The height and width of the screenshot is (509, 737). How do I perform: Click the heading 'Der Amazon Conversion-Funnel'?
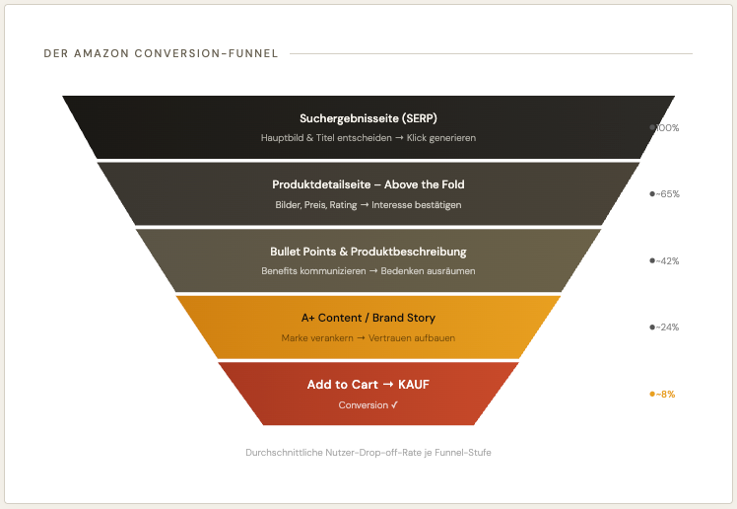click(161, 53)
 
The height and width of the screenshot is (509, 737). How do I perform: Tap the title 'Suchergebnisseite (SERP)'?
click(368, 118)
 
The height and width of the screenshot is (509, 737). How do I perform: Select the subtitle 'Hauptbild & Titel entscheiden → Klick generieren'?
click(368, 138)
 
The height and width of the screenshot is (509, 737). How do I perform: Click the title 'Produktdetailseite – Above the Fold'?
click(368, 184)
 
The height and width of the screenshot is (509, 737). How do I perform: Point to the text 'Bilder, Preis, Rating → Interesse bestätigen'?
click(368, 205)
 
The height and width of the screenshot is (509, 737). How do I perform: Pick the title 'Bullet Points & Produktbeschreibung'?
click(368, 252)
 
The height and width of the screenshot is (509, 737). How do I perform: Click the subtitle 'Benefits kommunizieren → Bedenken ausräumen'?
click(368, 271)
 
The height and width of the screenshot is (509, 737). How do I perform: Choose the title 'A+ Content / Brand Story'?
click(368, 318)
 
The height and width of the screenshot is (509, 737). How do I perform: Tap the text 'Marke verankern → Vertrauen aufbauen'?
click(368, 338)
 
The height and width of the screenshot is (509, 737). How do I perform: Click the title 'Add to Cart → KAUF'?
click(368, 385)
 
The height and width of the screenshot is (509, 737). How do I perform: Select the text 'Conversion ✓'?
click(368, 405)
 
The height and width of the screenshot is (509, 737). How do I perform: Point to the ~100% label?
click(667, 128)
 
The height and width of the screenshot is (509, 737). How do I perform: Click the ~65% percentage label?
click(667, 194)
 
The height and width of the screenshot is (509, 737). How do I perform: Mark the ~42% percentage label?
click(667, 261)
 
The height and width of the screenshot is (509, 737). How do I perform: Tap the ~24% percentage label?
click(667, 327)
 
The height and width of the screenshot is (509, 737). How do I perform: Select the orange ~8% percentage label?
click(665, 395)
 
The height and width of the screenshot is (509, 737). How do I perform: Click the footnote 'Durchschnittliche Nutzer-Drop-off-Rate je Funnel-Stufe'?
click(368, 453)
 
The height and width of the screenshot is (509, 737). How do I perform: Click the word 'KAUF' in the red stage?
click(414, 385)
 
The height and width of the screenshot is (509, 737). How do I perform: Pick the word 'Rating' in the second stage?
click(344, 205)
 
